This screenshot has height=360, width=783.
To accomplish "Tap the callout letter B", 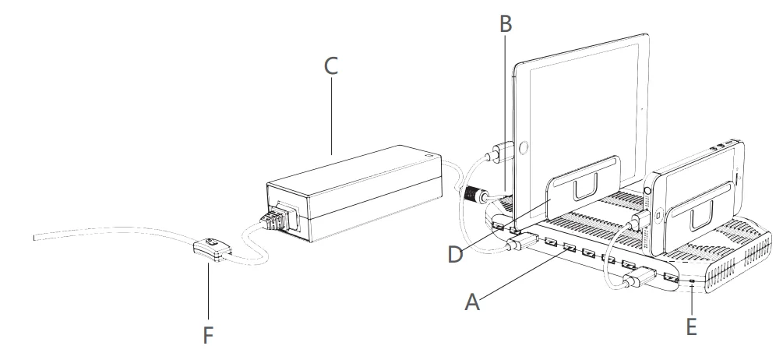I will (x=506, y=24).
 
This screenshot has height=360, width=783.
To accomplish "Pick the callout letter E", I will (x=691, y=326).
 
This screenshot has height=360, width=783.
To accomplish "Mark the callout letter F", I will (x=207, y=335).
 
